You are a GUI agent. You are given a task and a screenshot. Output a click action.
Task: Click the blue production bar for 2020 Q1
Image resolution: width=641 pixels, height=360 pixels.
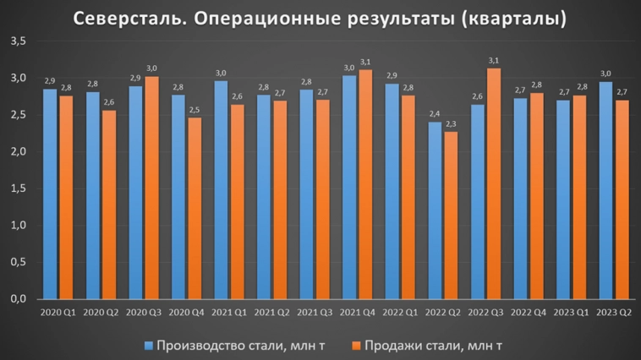(x=50, y=194)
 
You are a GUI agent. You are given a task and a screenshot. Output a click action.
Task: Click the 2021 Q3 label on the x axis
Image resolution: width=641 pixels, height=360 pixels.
(x=314, y=313)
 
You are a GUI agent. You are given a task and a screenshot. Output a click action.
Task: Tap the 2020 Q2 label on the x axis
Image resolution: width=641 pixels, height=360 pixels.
(x=101, y=313)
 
